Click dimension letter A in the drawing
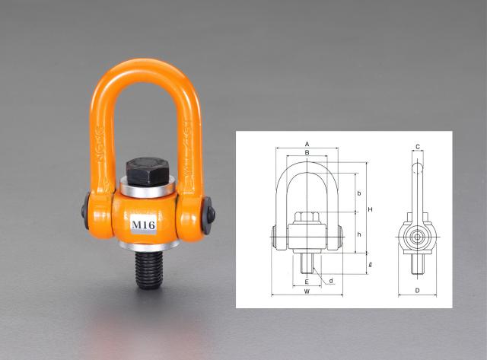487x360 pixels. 306,142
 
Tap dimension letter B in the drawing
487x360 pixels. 306,153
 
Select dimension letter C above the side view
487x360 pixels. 418,146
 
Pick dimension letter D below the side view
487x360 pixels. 418,291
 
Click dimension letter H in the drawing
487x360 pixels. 369,209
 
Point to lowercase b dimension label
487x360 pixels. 358,194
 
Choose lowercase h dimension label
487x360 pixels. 358,234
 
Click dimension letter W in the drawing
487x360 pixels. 306,291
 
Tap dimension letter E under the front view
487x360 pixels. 306,279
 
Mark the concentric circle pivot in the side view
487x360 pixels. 418,237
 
